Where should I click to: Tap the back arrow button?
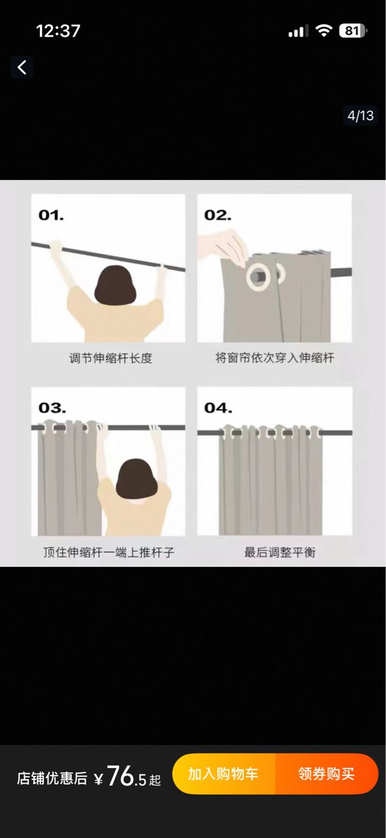(22, 67)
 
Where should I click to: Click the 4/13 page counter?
(360, 116)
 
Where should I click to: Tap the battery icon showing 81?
(353, 31)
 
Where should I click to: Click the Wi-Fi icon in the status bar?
(324, 31)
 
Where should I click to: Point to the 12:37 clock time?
(58, 31)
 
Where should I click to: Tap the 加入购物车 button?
(223, 774)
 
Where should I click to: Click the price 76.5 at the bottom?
(127, 776)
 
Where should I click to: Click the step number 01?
(51, 215)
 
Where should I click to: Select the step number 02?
(218, 215)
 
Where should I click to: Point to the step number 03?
(52, 408)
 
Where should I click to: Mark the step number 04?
(218, 408)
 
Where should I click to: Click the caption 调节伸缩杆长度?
(111, 358)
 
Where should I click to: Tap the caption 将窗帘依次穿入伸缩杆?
(275, 357)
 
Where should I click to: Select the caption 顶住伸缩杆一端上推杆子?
(109, 552)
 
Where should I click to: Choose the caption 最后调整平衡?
(280, 552)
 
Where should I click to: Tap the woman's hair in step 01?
(115, 285)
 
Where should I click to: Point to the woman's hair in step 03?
(137, 479)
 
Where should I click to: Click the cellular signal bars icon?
(298, 31)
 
